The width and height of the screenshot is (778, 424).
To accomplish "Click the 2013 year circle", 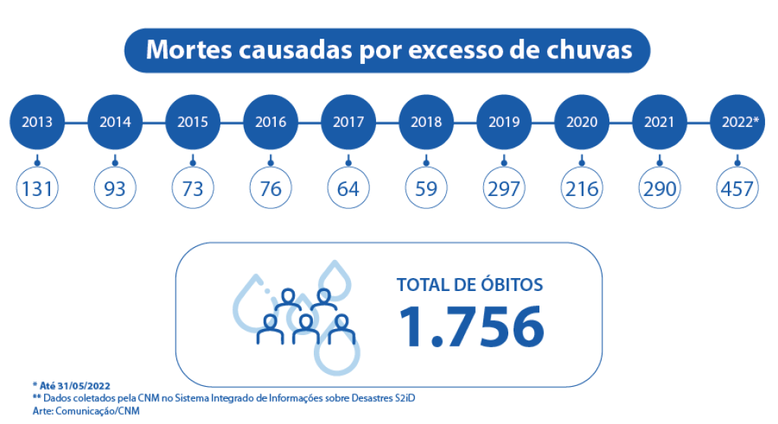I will point(37,122).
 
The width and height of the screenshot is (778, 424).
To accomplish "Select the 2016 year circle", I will point(271,122).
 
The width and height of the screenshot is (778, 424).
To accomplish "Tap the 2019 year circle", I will point(504,122).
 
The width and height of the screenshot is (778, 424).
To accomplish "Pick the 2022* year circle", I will point(737,122).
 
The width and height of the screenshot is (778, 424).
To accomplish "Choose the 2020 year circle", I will point(582,122).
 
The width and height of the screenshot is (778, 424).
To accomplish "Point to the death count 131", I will point(37,188).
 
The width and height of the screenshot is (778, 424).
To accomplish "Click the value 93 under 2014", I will point(115,188).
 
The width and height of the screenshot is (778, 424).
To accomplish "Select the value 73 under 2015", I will point(193,188).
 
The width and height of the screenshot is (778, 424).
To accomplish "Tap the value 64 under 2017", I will point(349,188).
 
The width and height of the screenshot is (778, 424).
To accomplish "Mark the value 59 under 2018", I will point(426,188).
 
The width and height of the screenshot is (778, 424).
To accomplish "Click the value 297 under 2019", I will point(504,188).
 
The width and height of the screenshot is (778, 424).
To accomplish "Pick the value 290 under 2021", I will point(659,188).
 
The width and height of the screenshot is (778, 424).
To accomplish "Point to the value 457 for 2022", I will point(737,188).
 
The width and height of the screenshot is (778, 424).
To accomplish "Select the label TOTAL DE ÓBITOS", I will point(470,285).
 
